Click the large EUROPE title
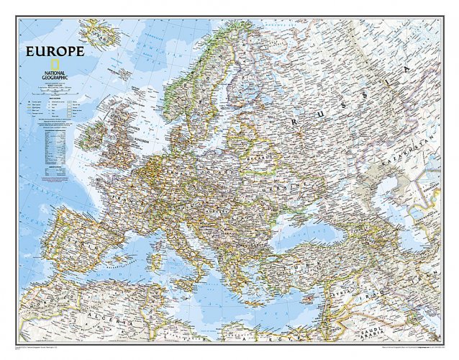(55, 51)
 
